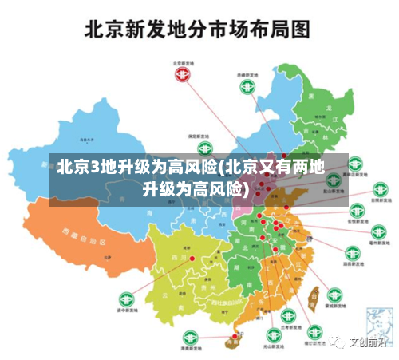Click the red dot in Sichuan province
(192, 258)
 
